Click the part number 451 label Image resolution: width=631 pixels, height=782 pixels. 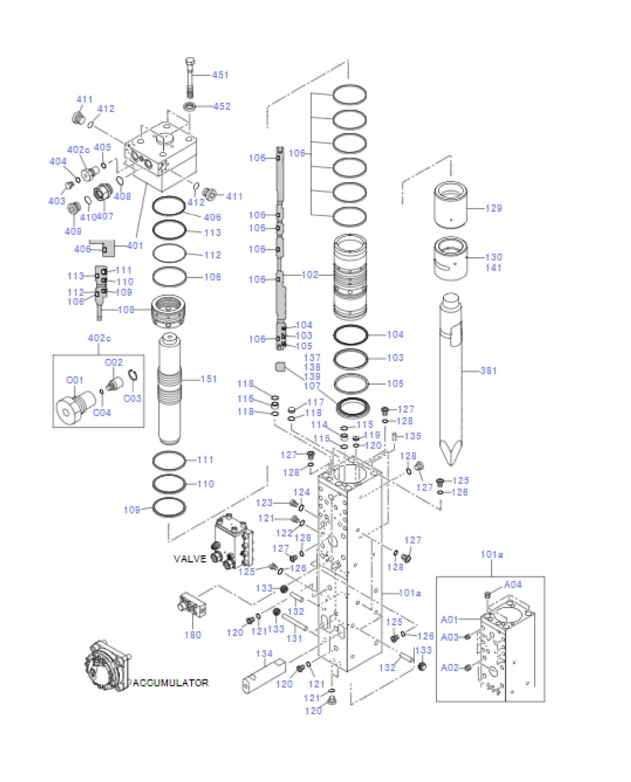[220, 75]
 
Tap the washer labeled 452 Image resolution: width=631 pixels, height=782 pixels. [190, 106]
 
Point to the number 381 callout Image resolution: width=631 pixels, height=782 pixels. [489, 371]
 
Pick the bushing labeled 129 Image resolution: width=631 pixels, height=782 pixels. [450, 205]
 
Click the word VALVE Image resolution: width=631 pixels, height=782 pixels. [190, 559]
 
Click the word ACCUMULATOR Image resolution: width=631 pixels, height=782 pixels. [170, 682]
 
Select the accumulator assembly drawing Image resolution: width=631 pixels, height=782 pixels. [107, 666]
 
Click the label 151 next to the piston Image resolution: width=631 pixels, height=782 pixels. [209, 379]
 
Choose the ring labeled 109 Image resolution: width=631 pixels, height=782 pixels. [169, 507]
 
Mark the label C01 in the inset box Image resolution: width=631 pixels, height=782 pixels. [74, 380]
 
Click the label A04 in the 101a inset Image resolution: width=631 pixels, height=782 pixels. [513, 584]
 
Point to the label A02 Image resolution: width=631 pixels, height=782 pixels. [449, 667]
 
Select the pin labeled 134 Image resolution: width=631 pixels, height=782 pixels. [264, 675]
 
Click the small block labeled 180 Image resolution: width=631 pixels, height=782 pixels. [192, 604]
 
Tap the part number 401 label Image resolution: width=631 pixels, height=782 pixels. [135, 245]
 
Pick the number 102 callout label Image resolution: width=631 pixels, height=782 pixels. [310, 275]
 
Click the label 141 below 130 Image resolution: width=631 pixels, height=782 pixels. [493, 268]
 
